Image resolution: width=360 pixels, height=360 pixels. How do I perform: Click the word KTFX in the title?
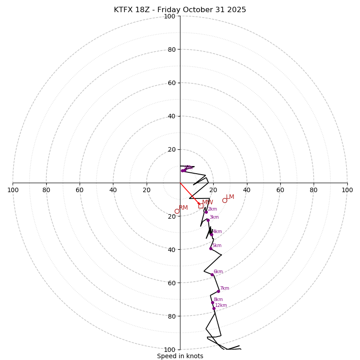[123, 10]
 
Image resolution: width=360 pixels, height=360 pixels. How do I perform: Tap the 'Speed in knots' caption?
[180, 356]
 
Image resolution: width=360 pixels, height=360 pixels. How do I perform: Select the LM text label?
[230, 197]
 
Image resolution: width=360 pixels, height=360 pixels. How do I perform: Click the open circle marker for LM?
[225, 201]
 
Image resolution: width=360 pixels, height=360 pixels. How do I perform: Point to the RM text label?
[183, 208]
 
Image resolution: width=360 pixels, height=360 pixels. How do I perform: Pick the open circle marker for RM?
[177, 211]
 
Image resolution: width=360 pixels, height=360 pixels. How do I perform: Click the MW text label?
[207, 202]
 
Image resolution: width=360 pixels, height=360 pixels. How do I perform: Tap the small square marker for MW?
[201, 206]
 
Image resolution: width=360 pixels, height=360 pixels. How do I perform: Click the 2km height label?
[212, 209]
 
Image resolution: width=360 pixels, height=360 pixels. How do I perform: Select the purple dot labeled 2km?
[206, 212]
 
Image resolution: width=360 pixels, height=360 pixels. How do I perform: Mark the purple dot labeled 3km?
[208, 220]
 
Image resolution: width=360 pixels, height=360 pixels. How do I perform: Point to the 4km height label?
[217, 232]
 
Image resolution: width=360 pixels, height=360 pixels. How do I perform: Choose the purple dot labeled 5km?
[211, 248]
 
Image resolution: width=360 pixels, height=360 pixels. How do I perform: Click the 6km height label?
[218, 272]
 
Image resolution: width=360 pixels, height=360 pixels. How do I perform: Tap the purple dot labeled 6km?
[212, 274]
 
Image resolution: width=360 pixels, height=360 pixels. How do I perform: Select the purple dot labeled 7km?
[218, 291]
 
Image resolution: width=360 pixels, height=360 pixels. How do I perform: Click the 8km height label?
[218, 300]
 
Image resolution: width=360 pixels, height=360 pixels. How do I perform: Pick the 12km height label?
[221, 306]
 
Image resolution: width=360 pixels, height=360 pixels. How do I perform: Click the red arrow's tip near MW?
[200, 205]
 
